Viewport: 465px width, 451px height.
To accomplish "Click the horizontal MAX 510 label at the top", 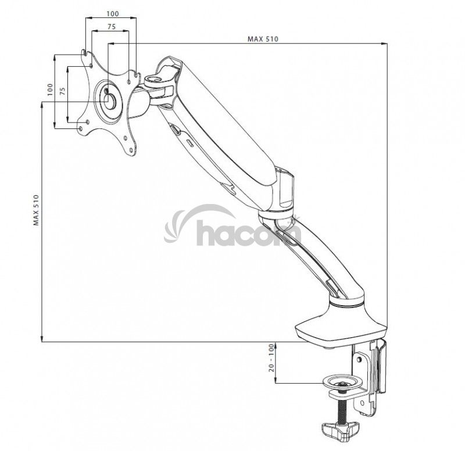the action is tap(263, 39).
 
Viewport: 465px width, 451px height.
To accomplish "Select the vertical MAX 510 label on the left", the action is tap(36, 210).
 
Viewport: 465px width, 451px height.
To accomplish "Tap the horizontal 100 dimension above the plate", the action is tap(113, 13).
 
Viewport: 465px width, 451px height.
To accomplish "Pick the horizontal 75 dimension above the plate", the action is tap(111, 27).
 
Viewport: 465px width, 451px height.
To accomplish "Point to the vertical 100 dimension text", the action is tap(50, 90).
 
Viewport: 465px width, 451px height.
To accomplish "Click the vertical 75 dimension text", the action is tap(63, 91).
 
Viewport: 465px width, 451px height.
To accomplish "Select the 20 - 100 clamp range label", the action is tap(271, 358).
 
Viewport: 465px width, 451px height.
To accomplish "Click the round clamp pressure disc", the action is tap(344, 382).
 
